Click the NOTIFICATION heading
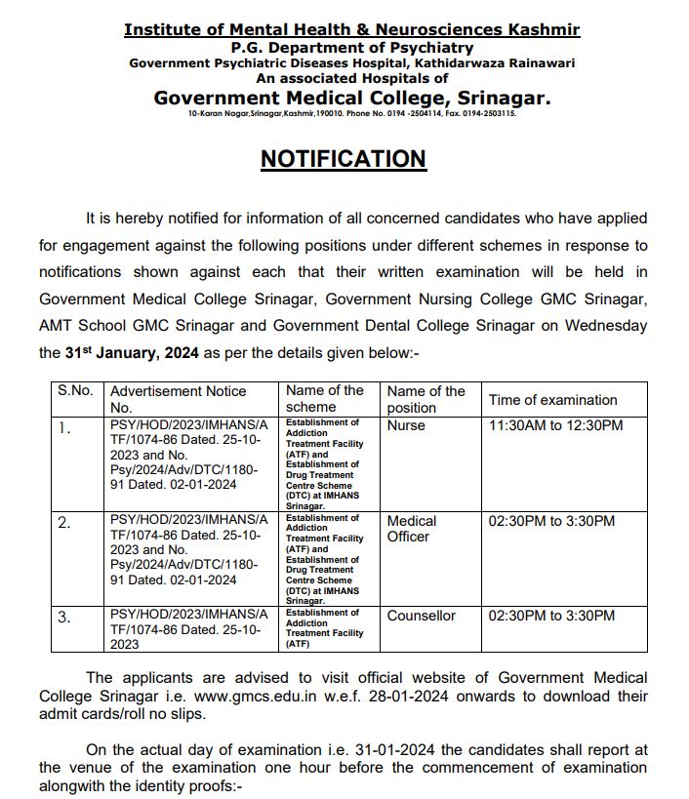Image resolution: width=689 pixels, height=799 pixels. [x=343, y=159]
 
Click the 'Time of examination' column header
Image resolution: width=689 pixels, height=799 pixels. [x=552, y=399]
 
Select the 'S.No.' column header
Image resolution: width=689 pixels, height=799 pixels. [x=75, y=390]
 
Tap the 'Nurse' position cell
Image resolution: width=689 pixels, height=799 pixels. [x=406, y=425]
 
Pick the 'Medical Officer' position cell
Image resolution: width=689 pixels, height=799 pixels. [x=411, y=529]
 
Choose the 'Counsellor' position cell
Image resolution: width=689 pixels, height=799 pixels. [x=421, y=616]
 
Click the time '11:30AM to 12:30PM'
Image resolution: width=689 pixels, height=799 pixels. [x=555, y=425]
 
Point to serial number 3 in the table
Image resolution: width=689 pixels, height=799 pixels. [x=64, y=618]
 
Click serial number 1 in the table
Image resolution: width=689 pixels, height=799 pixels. [x=64, y=427]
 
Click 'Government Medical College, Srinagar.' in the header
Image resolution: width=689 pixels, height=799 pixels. [x=352, y=98]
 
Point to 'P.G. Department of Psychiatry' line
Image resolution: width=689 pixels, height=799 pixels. [x=352, y=47]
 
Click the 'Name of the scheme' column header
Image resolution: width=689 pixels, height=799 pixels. [x=324, y=398]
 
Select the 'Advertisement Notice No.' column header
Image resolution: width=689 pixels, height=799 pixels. [x=178, y=399]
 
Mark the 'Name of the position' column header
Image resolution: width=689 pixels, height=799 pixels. [x=426, y=399]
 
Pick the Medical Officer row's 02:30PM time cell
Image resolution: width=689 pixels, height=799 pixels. [x=551, y=521]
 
